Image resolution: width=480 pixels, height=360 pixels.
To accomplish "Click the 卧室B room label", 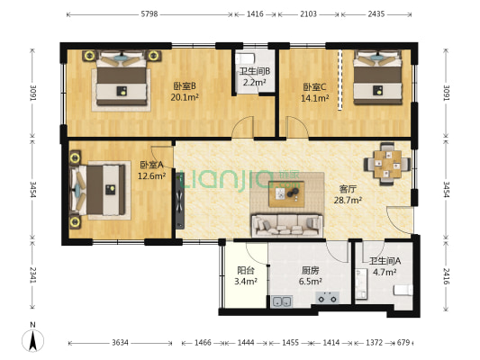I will pyautogui.click(x=185, y=86).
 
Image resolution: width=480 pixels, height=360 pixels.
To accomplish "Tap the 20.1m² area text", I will pyautogui.click(x=185, y=99).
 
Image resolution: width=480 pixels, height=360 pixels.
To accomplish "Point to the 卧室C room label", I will pyautogui.click(x=315, y=86).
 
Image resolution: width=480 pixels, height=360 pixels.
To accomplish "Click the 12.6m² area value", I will pyautogui.click(x=151, y=176).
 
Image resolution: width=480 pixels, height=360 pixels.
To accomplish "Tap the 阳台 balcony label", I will pyautogui.click(x=245, y=269).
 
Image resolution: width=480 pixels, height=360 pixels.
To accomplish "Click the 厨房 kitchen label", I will pyautogui.click(x=308, y=269).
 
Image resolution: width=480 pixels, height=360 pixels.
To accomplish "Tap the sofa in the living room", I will pyautogui.click(x=287, y=225).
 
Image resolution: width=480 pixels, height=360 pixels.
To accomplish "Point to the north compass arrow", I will pyautogui.click(x=33, y=339).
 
